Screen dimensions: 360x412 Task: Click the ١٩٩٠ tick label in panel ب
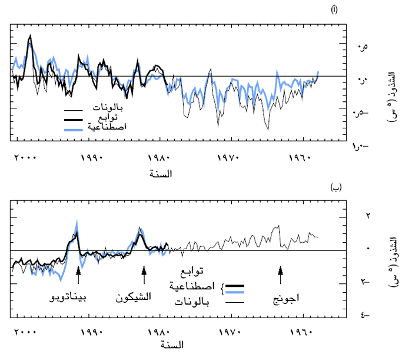point(91,333)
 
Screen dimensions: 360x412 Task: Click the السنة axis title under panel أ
point(162,173)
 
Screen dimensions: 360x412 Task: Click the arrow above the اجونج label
point(281,272)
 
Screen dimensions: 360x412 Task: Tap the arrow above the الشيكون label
point(144,272)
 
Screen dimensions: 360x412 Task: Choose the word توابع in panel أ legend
point(114,118)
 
